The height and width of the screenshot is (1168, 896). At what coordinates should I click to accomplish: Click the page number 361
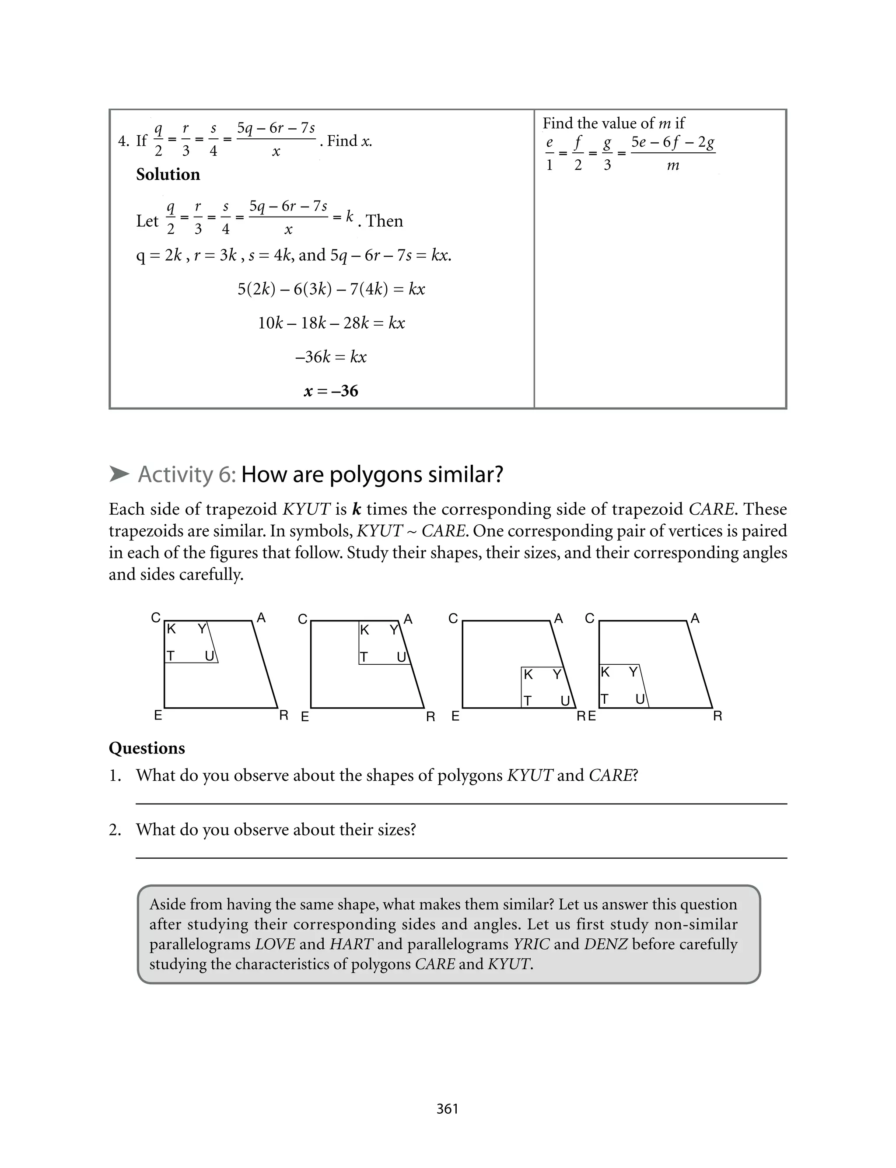pyautogui.click(x=447, y=1109)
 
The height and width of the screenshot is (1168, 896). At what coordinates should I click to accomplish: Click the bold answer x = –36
pyautogui.click(x=331, y=391)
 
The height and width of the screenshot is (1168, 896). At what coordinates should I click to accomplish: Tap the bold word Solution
pyautogui.click(x=168, y=175)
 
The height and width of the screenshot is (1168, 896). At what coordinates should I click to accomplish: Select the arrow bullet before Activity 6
pyautogui.click(x=119, y=474)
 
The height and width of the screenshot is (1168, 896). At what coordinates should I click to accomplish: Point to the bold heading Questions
pyautogui.click(x=147, y=748)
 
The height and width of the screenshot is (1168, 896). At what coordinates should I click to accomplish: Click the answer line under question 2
pyautogui.click(x=461, y=858)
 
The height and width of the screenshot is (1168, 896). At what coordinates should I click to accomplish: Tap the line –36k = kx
pyautogui.click(x=331, y=357)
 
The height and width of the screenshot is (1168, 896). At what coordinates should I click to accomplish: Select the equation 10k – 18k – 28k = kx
pyautogui.click(x=331, y=323)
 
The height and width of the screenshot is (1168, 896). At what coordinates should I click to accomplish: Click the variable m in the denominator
pyautogui.click(x=673, y=165)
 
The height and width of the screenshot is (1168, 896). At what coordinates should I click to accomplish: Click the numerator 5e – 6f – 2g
pyautogui.click(x=673, y=142)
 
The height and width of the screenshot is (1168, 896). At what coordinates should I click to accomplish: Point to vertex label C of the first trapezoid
pyautogui.click(x=156, y=617)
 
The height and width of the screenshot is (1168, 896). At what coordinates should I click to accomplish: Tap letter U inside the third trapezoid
pyautogui.click(x=565, y=700)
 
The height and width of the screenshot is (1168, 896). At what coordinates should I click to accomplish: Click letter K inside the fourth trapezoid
pyautogui.click(x=605, y=672)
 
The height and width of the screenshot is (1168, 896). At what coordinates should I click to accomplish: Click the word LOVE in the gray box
pyautogui.click(x=275, y=944)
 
